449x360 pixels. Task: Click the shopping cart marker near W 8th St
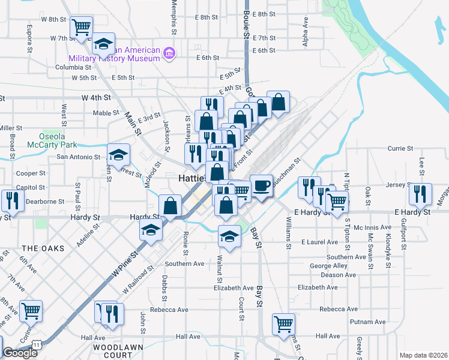tap(81, 27)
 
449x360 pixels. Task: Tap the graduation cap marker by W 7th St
tap(103, 44)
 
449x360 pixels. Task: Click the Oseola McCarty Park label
tap(52, 140)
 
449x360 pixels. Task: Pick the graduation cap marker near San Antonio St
tap(119, 155)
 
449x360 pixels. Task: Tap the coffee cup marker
tap(261, 185)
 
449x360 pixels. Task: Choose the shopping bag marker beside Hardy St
tap(170, 205)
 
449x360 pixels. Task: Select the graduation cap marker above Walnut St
tap(229, 236)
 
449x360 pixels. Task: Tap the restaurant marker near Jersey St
tap(420, 194)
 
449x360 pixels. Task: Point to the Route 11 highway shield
tap(38, 345)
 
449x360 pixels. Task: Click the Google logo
tap(20, 353)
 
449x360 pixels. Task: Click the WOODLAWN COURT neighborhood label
tap(113, 351)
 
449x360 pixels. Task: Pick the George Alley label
tap(328, 266)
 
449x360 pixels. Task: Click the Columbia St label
tap(72, 67)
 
